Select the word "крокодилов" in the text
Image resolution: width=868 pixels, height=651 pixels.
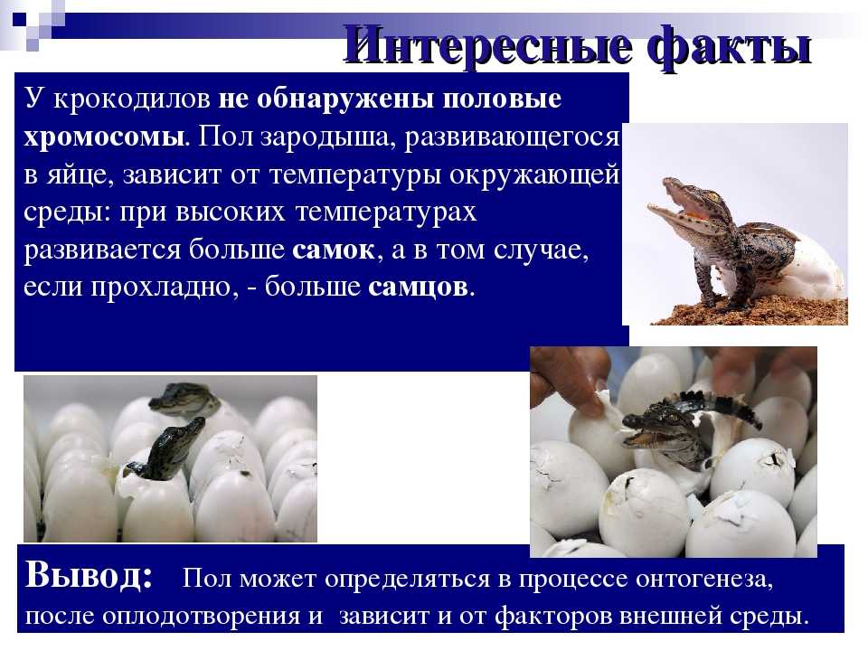[132, 99]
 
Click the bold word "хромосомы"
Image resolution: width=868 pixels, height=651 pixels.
[104, 137]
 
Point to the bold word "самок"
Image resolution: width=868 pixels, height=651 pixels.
[334, 250]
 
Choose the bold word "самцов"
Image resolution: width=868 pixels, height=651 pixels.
[418, 288]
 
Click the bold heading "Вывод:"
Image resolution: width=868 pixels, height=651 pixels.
[90, 575]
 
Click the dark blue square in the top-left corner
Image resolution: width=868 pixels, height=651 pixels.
[19, 19]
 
